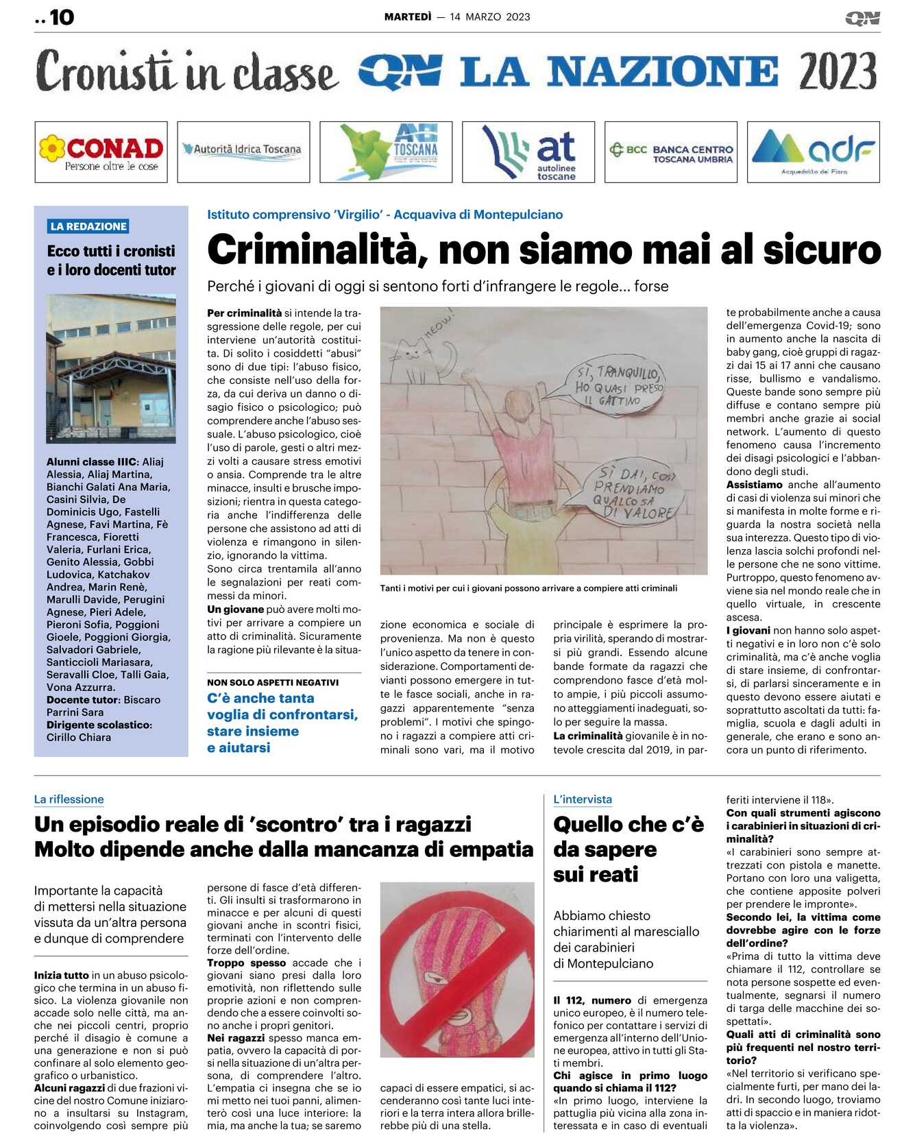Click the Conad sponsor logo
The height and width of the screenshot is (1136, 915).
[x=101, y=152]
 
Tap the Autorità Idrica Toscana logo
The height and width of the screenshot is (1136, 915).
[x=243, y=149]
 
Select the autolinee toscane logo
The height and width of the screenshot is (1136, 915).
[x=528, y=152]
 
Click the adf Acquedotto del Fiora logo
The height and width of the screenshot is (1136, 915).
[x=814, y=152]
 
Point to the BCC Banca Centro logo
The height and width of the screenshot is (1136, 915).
[x=671, y=152]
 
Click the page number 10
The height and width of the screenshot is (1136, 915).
[x=62, y=17]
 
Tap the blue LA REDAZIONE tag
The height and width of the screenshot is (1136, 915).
[x=88, y=226]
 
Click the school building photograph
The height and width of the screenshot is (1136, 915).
[x=111, y=368]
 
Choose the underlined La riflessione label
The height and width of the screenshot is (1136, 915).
[x=69, y=799]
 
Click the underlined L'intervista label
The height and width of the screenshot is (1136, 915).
[x=583, y=799]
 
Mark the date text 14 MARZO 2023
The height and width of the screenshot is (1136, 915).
[x=490, y=17]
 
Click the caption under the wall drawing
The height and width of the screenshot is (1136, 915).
[x=528, y=588]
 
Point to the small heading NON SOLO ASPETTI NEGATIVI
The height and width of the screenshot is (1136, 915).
[x=273, y=682]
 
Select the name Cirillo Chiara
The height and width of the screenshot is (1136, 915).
[x=79, y=737]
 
